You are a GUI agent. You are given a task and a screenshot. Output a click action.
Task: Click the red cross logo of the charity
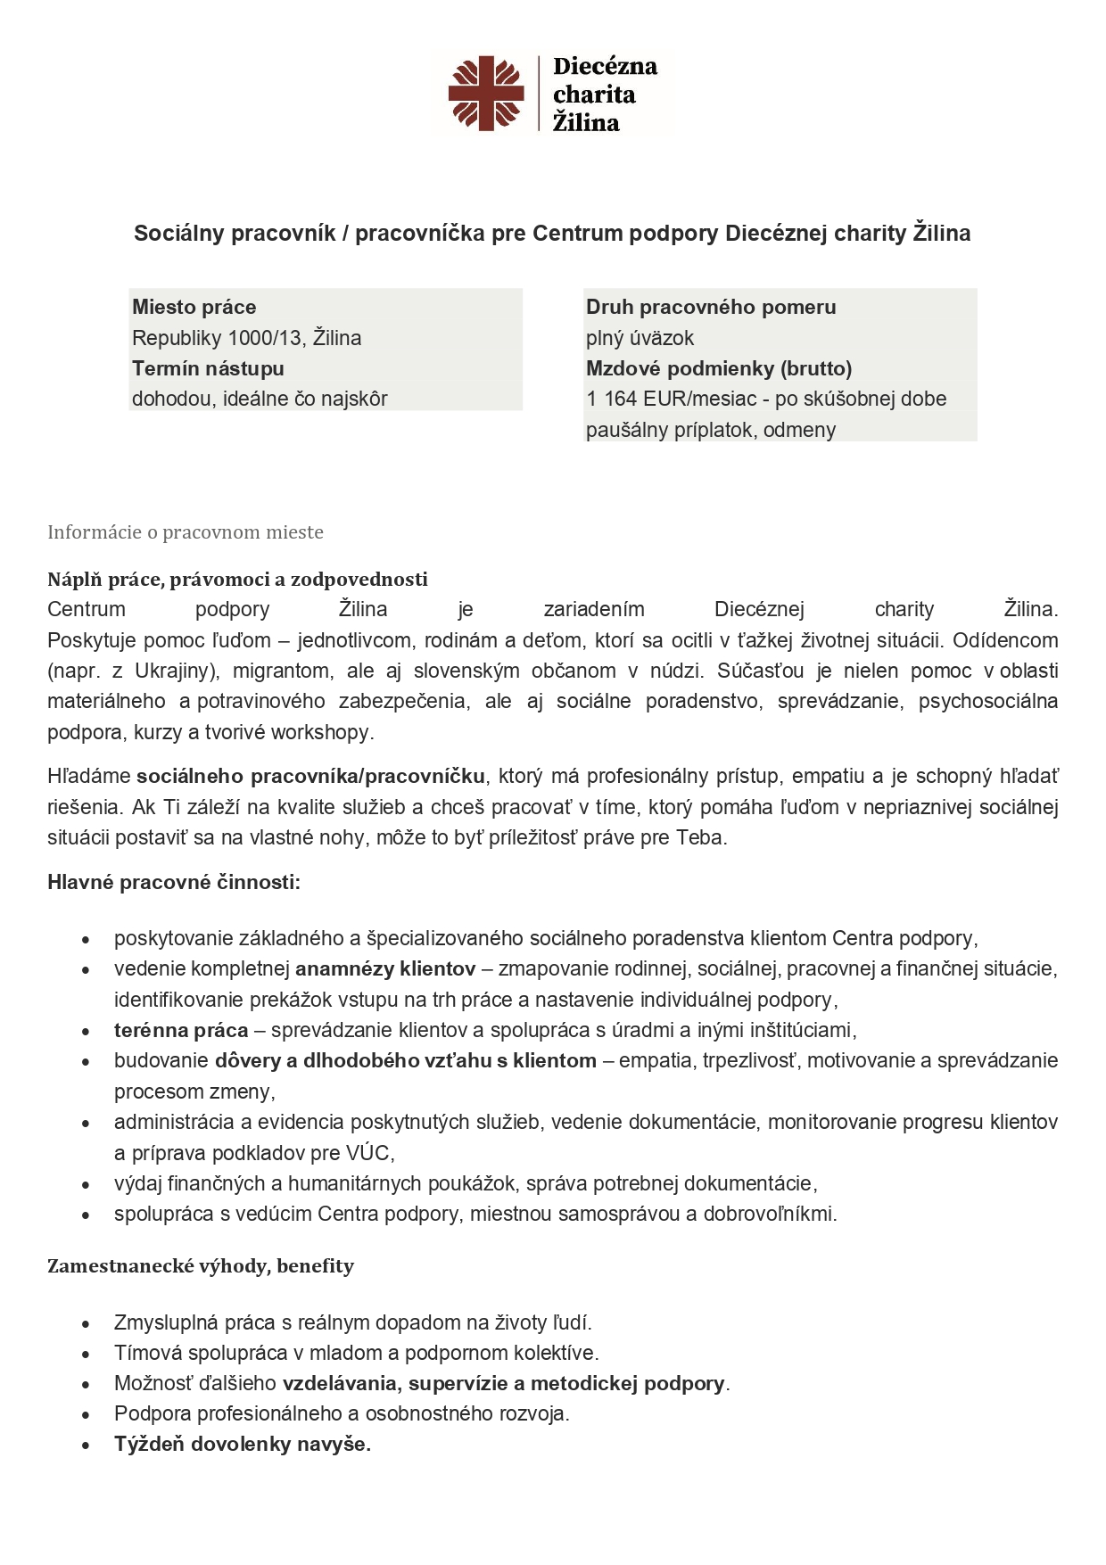click(485, 92)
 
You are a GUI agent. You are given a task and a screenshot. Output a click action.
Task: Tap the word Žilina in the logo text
click(586, 123)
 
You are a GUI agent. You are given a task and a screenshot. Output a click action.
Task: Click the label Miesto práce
click(194, 308)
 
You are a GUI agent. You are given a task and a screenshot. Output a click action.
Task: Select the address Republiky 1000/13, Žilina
click(246, 338)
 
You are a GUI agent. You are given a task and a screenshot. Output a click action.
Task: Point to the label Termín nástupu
click(208, 368)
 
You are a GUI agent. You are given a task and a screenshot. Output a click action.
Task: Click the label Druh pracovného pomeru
click(710, 308)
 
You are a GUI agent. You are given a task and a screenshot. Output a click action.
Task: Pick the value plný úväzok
click(640, 338)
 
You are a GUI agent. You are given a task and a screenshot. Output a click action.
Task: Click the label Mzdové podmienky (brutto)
click(718, 368)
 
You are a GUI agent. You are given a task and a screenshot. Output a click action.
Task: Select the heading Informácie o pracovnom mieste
click(185, 532)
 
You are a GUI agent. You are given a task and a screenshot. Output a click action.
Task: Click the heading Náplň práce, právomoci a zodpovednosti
click(237, 580)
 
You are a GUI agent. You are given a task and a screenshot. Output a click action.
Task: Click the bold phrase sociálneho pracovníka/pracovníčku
click(310, 776)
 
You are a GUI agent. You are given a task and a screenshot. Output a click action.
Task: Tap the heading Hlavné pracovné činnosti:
click(174, 883)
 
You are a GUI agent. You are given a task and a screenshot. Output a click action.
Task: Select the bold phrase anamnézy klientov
click(385, 968)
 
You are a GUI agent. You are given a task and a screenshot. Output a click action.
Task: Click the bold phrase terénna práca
click(181, 1030)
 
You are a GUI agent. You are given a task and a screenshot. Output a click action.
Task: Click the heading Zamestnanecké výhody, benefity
click(201, 1266)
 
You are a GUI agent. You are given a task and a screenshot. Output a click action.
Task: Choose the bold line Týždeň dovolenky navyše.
click(242, 1445)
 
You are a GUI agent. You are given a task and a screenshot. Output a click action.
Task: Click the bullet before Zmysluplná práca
click(86, 1324)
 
